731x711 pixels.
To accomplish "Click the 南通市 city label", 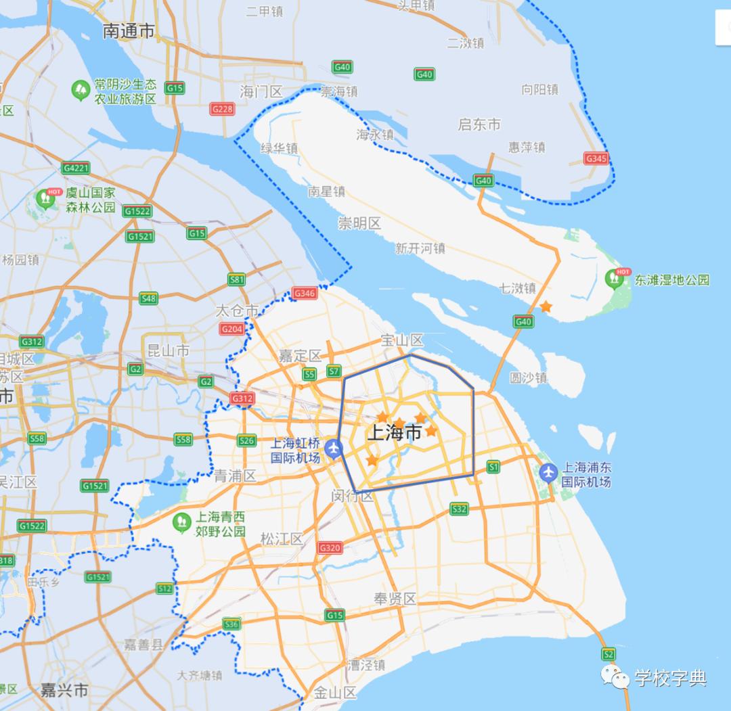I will pyautogui.click(x=129, y=31).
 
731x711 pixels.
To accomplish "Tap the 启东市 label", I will pyautogui.click(x=479, y=124).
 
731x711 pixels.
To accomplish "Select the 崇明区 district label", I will pyautogui.click(x=359, y=223).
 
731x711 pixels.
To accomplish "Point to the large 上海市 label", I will pyautogui.click(x=394, y=433).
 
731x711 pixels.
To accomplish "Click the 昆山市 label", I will pyautogui.click(x=169, y=350).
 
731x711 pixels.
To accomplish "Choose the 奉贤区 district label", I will pyautogui.click(x=395, y=599).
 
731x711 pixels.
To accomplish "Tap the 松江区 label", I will pyautogui.click(x=282, y=538).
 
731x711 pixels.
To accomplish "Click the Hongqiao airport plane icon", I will pyautogui.click(x=332, y=448).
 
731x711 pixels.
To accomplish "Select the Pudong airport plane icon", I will pyautogui.click(x=549, y=471).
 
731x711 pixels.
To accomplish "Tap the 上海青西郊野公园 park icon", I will pyautogui.click(x=181, y=522).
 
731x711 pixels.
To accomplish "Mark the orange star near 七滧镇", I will pyautogui.click(x=546, y=307).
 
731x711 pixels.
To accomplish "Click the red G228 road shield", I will pyautogui.click(x=222, y=109).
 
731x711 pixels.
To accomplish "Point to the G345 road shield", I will pyautogui.click(x=596, y=158).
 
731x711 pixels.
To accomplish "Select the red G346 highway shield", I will pyautogui.click(x=305, y=294).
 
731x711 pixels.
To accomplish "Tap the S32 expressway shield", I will pyautogui.click(x=459, y=509).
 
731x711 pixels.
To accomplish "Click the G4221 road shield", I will pyautogui.click(x=75, y=168).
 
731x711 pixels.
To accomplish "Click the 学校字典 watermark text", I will pyautogui.click(x=670, y=678).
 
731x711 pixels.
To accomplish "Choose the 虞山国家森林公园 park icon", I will pyautogui.click(x=46, y=199).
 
